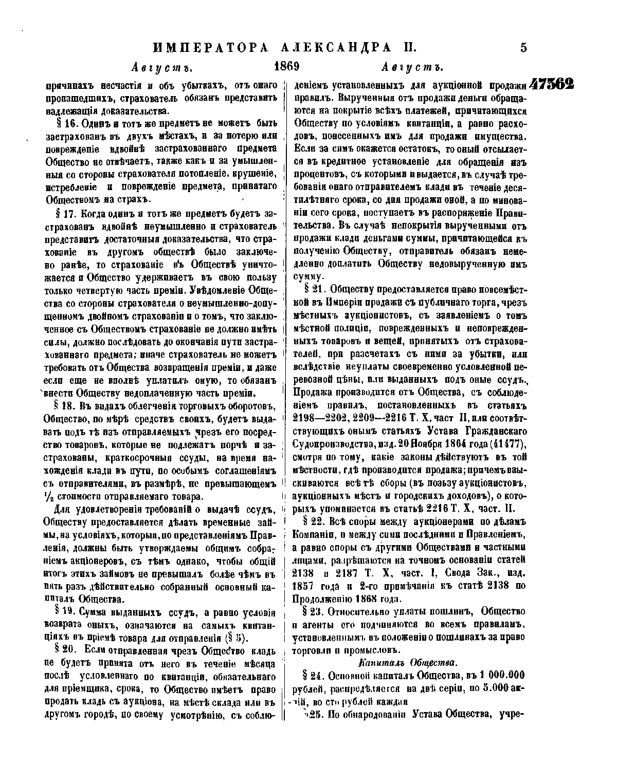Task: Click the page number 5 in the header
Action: pyautogui.click(x=523, y=48)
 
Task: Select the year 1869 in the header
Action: pyautogui.click(x=287, y=67)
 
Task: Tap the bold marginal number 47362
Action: pyautogui.click(x=552, y=84)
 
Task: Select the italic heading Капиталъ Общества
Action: pyautogui.click(x=408, y=662)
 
